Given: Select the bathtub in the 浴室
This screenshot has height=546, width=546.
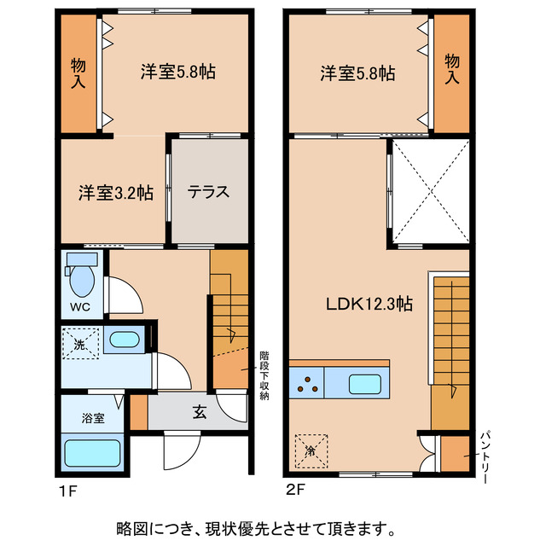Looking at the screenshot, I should click(92, 451).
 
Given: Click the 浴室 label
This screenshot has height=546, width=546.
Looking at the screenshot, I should click(93, 418).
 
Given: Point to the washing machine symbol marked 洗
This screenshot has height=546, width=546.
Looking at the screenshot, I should click(79, 346).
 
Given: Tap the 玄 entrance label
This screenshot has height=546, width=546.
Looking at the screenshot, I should click(198, 413).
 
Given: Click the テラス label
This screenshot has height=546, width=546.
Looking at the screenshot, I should click(209, 191).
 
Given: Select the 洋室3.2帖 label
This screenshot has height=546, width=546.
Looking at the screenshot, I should click(116, 192).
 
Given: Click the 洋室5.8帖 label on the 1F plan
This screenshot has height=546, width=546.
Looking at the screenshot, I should click(177, 73).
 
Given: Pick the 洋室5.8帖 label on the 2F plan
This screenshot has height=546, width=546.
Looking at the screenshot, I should click(357, 73).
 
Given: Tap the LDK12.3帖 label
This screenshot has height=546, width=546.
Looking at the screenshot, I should click(369, 303).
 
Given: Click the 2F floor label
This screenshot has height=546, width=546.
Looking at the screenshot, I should click(296, 492).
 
